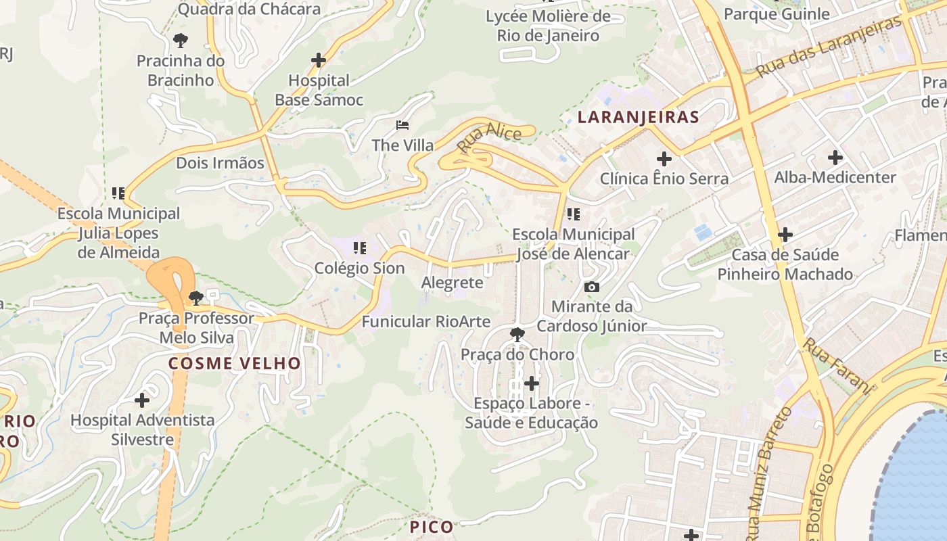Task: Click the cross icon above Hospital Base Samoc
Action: (x=319, y=60)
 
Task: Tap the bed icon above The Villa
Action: (x=402, y=125)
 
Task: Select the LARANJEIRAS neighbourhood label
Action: (x=638, y=117)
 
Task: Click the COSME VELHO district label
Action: (x=234, y=363)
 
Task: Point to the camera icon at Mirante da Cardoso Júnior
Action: (x=592, y=287)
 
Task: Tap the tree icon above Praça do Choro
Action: (x=517, y=334)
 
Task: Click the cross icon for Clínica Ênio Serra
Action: (x=664, y=159)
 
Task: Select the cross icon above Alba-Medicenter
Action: (x=835, y=158)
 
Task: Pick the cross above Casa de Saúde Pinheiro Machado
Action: (x=785, y=235)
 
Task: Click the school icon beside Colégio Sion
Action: (x=360, y=248)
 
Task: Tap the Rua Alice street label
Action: (x=489, y=137)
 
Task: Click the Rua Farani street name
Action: (x=837, y=365)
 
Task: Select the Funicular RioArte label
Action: (x=425, y=321)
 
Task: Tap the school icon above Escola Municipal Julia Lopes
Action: (x=118, y=193)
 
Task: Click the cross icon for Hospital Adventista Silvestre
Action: (x=142, y=400)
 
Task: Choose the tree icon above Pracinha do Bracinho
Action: (x=180, y=41)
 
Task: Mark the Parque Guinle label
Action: (x=777, y=14)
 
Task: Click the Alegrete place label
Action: (x=452, y=282)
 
